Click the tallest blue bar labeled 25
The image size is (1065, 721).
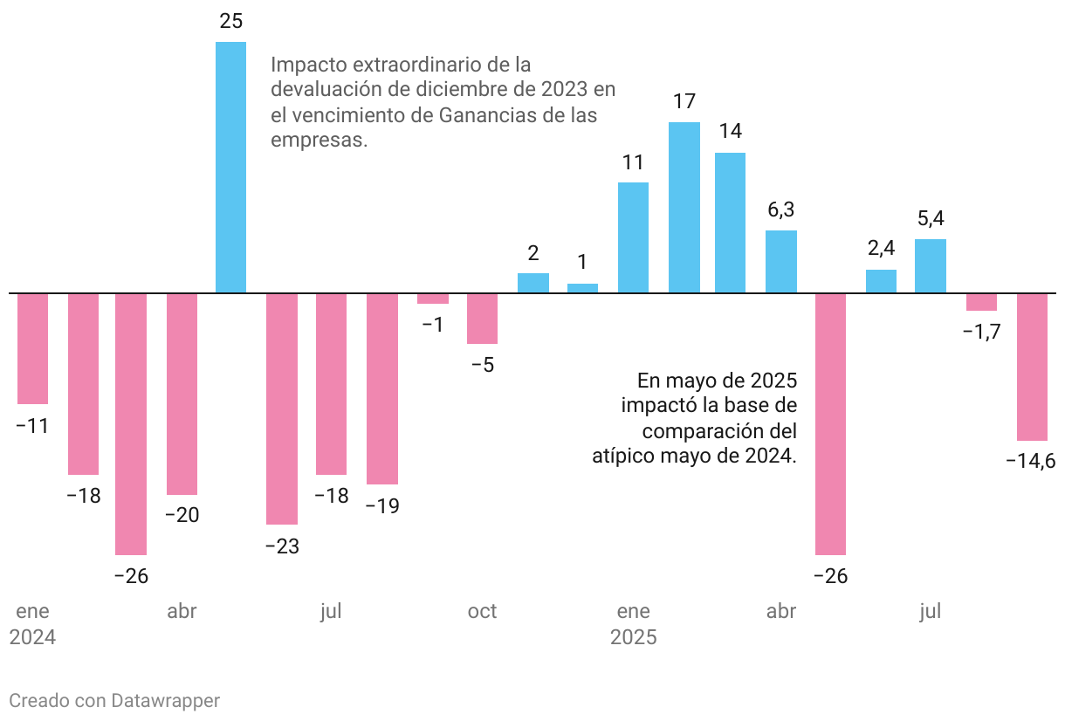[230, 167]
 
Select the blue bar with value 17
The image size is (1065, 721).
[684, 207]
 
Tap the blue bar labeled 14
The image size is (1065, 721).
[730, 223]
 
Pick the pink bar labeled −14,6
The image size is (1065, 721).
[1032, 367]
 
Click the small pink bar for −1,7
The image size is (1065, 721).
[981, 302]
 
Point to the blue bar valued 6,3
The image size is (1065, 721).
[781, 261]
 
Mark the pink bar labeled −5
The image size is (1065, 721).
[482, 319]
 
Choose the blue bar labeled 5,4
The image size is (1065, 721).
[931, 265]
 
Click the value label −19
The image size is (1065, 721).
[382, 506]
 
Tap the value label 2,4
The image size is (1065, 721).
[881, 249]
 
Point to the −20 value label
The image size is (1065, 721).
[182, 516]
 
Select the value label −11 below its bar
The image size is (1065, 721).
[32, 427]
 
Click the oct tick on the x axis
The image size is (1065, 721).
[482, 612]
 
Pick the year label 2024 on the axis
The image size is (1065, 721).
[32, 638]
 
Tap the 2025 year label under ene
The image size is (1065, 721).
[633, 638]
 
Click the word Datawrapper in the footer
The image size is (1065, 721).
[165, 701]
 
